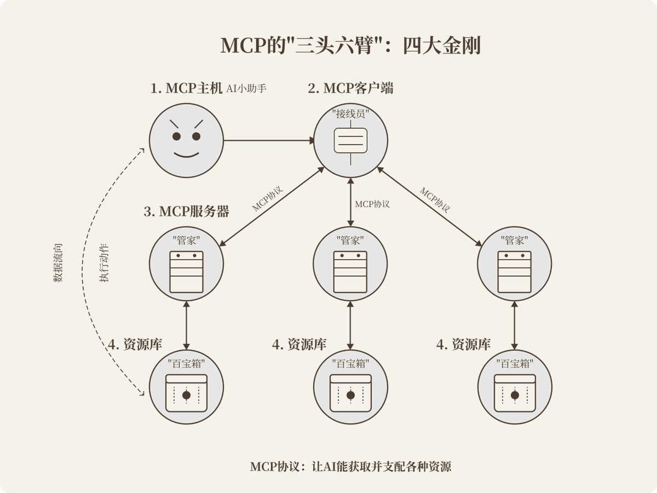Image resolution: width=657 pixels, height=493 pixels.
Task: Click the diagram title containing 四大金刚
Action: click(x=350, y=45)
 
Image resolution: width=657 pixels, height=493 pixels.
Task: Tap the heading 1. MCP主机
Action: click(x=186, y=88)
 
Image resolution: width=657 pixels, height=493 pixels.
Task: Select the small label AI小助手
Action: click(x=246, y=88)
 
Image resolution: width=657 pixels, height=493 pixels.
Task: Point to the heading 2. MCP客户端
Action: click(x=350, y=88)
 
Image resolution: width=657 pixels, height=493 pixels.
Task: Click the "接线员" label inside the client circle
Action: click(x=350, y=114)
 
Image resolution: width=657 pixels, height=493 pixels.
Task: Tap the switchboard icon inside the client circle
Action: click(x=350, y=140)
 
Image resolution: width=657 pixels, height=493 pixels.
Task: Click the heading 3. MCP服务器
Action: click(x=186, y=211)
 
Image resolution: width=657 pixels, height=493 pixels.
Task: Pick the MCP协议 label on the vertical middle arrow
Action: click(x=372, y=204)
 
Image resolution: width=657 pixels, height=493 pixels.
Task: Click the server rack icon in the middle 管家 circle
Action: click(x=350, y=272)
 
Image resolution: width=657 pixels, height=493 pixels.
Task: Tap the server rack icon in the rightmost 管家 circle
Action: click(x=515, y=272)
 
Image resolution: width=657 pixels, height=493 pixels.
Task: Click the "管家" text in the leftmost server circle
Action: click(x=186, y=240)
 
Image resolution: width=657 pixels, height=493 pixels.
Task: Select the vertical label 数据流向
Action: click(x=58, y=263)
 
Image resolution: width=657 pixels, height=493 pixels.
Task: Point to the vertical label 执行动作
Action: click(x=104, y=263)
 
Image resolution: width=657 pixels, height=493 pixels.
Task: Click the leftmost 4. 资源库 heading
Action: click(x=135, y=345)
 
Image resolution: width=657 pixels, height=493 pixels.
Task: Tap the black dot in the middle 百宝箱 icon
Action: click(x=350, y=395)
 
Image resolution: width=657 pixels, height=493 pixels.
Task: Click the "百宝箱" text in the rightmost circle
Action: click(x=515, y=363)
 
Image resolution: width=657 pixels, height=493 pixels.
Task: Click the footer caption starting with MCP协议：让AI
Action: click(x=350, y=467)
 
